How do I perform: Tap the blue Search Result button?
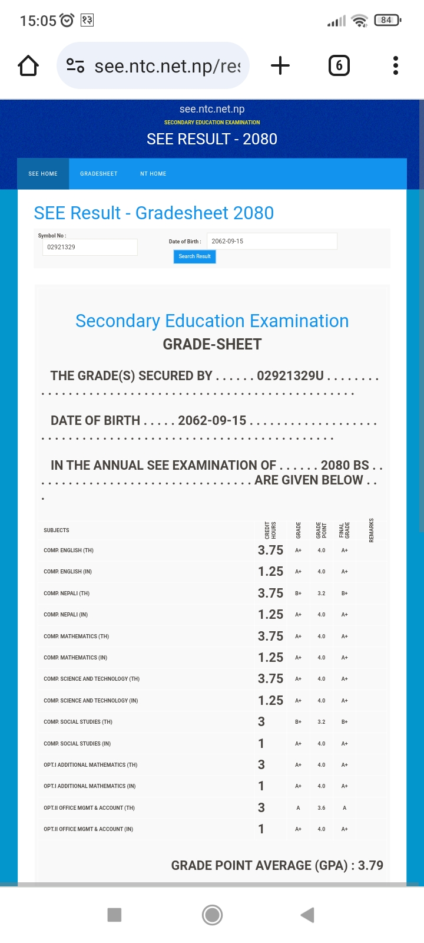tap(194, 256)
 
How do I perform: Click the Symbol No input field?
tap(90, 248)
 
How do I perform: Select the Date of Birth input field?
tap(271, 241)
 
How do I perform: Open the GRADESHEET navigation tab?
tap(99, 174)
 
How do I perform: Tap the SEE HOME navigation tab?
tap(43, 174)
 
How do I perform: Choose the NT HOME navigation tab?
tap(153, 174)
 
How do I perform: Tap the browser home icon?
tap(28, 66)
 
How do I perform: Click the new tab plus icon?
tap(280, 65)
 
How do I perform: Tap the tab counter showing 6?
tap(339, 65)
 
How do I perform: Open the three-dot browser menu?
tap(396, 65)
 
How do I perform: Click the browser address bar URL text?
tap(167, 66)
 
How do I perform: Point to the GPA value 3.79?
tap(370, 865)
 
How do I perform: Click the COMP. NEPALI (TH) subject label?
tap(67, 594)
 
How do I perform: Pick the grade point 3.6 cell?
tap(322, 808)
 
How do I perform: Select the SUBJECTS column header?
tap(57, 530)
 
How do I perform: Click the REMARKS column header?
tap(372, 530)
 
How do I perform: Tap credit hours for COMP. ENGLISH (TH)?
tap(270, 550)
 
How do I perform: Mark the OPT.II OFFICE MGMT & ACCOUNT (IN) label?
tap(88, 829)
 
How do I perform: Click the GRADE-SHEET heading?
tap(212, 344)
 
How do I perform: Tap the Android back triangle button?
tap(307, 915)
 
